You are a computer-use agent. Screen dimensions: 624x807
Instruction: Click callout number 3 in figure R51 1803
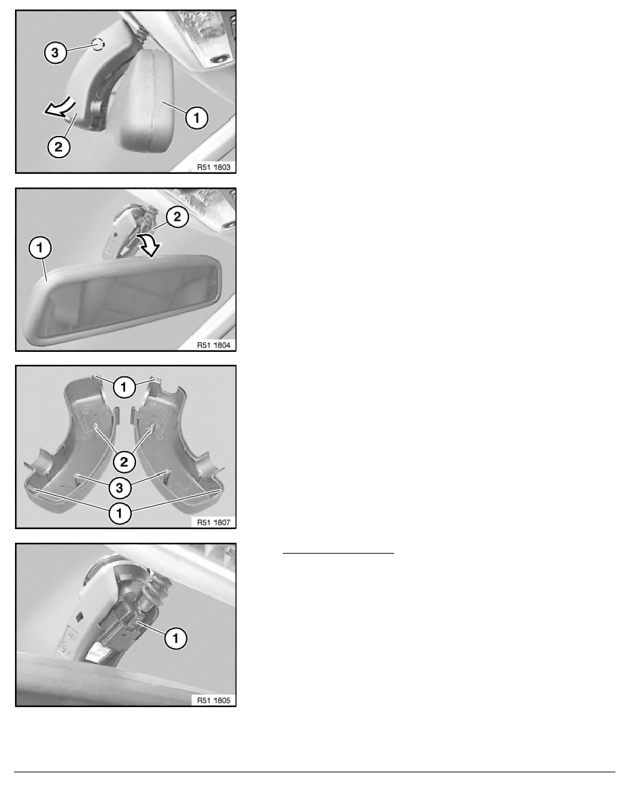pyautogui.click(x=55, y=52)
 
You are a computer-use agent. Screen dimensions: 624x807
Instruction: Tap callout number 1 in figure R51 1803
pyautogui.click(x=196, y=118)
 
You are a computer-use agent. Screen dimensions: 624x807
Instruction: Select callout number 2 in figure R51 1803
pyautogui.click(x=58, y=147)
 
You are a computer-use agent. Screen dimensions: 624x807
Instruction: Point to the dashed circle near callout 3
pyautogui.click(x=98, y=44)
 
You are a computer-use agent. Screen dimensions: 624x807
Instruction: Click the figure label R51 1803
pyautogui.click(x=213, y=166)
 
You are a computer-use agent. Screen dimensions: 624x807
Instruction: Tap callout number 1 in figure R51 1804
pyautogui.click(x=39, y=248)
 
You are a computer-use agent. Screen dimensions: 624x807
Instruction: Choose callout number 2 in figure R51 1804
pyautogui.click(x=177, y=217)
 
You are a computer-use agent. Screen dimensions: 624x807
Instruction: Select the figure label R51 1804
pyautogui.click(x=213, y=345)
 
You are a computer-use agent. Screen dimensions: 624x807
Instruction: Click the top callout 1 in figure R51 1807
pyautogui.click(x=124, y=387)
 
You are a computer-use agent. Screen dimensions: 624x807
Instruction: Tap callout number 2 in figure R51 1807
pyautogui.click(x=124, y=462)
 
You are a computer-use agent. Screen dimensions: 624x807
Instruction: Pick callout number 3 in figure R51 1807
pyautogui.click(x=120, y=487)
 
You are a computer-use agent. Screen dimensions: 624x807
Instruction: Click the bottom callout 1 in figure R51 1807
pyautogui.click(x=120, y=513)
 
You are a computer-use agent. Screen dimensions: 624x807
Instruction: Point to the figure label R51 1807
pyautogui.click(x=213, y=522)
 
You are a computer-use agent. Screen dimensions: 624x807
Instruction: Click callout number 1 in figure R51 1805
pyautogui.click(x=175, y=638)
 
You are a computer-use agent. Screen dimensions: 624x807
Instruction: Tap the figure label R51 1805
pyautogui.click(x=213, y=700)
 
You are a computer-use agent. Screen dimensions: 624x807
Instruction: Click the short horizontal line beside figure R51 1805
pyautogui.click(x=339, y=553)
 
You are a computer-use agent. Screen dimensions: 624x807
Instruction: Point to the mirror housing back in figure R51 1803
pyautogui.click(x=146, y=101)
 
